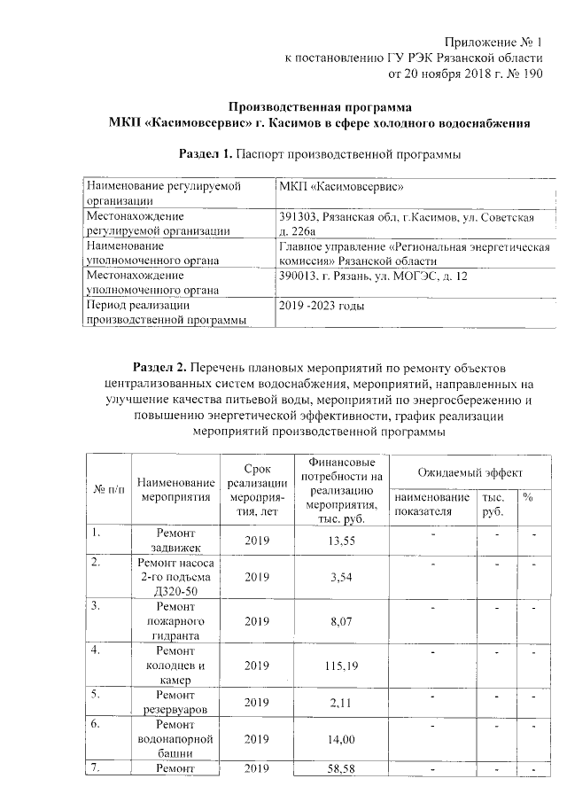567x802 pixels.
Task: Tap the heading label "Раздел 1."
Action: point(206,154)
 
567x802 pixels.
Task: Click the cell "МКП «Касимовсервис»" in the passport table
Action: point(342,187)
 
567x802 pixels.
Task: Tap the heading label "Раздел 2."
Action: point(159,366)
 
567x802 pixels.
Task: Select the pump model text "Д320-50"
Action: point(176,591)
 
